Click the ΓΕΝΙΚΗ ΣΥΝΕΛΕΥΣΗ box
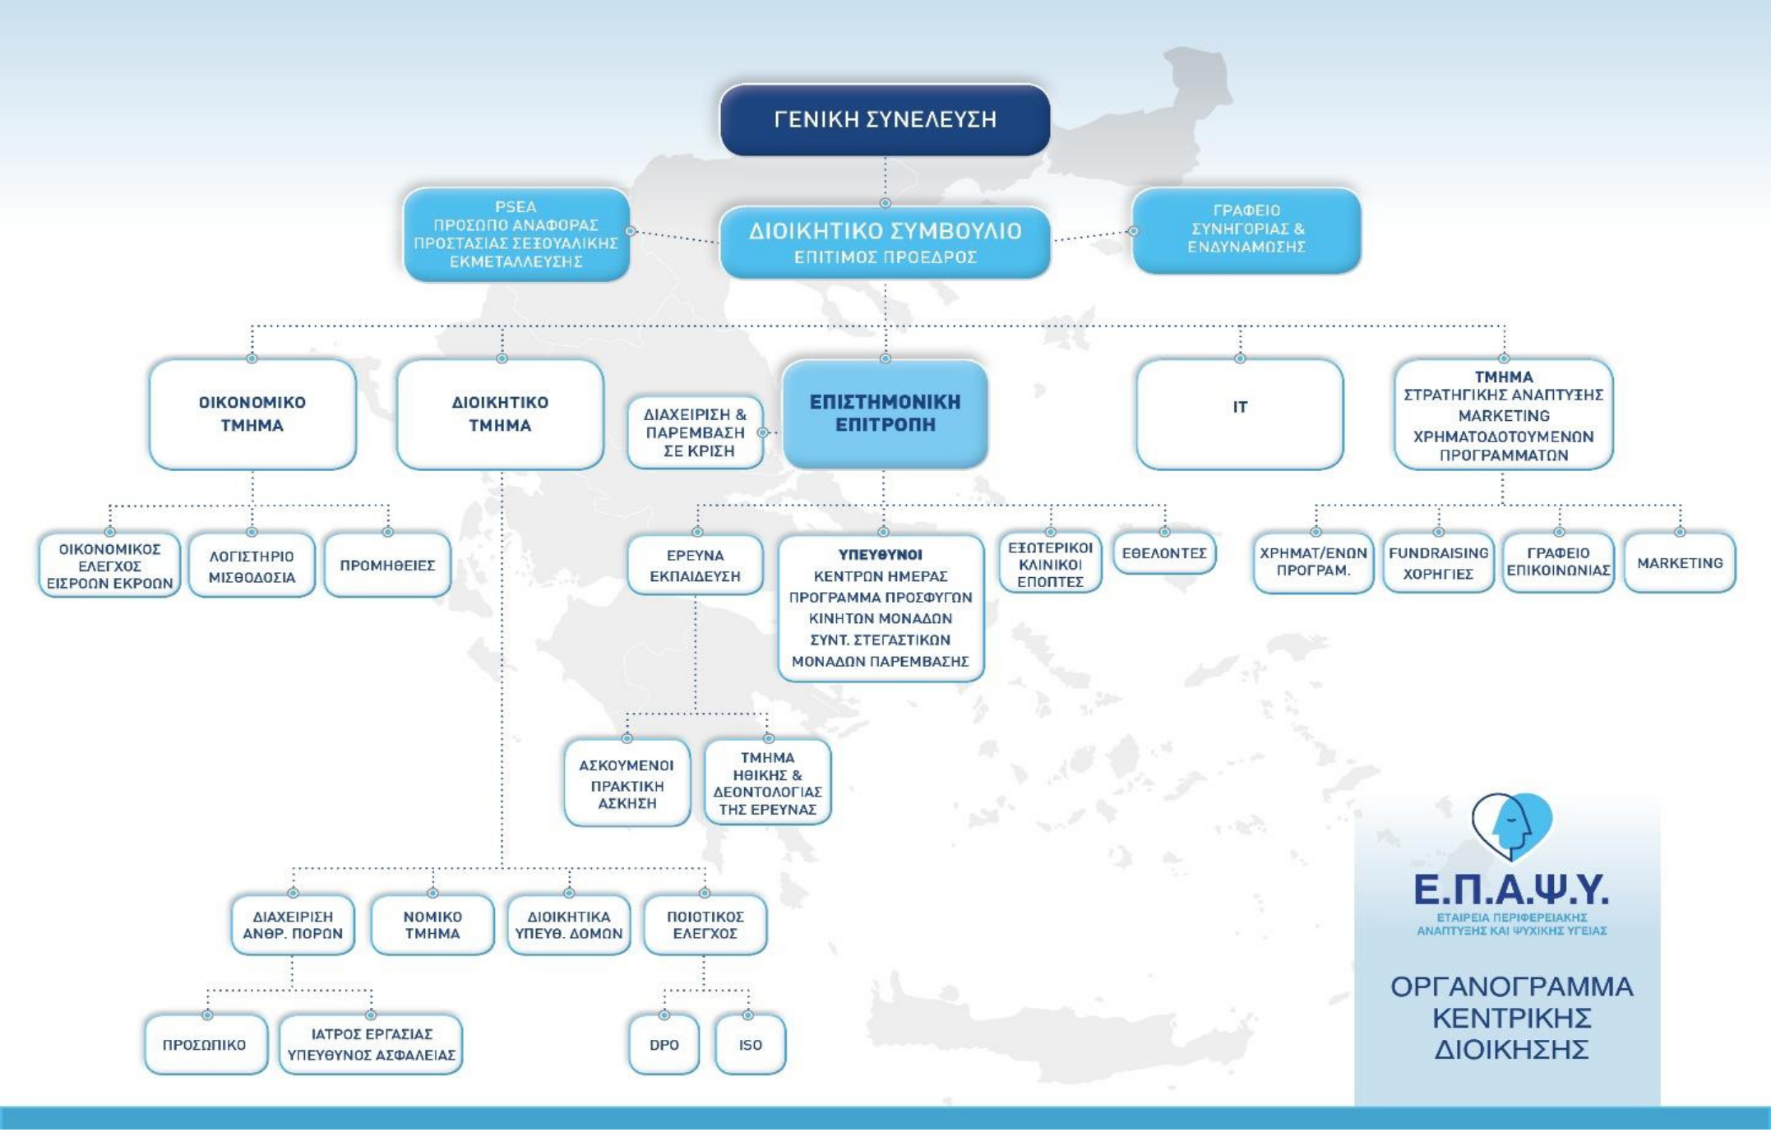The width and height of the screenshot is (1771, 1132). (x=885, y=120)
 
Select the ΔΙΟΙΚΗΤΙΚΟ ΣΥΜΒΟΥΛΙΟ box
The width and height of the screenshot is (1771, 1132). (x=885, y=243)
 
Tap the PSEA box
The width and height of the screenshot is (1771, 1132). (x=516, y=234)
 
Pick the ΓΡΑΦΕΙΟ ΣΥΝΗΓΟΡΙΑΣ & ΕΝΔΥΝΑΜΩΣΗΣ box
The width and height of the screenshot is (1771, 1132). (x=1246, y=229)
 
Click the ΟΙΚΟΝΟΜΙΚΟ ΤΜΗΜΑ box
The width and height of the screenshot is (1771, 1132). (x=252, y=414)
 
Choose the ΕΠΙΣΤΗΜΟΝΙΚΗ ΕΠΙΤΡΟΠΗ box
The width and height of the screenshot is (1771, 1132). (x=885, y=414)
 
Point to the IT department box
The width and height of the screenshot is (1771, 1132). (x=1240, y=414)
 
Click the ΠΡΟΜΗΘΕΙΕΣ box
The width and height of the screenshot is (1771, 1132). (x=387, y=565)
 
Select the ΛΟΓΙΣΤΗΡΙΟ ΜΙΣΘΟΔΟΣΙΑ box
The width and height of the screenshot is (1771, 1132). (x=252, y=565)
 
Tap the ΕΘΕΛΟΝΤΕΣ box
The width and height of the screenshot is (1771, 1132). (x=1164, y=553)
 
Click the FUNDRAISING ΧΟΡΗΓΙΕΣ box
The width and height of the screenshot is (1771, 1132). (x=1438, y=563)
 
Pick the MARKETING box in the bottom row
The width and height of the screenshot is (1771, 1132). (x=1680, y=563)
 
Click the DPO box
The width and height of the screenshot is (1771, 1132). (x=664, y=1045)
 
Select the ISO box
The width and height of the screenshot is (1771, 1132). (x=750, y=1045)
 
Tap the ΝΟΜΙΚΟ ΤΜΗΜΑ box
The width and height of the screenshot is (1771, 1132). (x=432, y=925)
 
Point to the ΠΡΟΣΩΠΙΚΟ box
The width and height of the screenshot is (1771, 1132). (x=206, y=1045)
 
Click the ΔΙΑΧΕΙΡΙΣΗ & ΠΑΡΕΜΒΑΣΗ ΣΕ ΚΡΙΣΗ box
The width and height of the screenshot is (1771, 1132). (x=695, y=432)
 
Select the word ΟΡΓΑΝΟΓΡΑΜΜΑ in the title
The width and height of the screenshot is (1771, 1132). (x=1511, y=986)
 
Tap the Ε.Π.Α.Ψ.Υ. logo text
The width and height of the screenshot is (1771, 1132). (x=1511, y=889)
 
